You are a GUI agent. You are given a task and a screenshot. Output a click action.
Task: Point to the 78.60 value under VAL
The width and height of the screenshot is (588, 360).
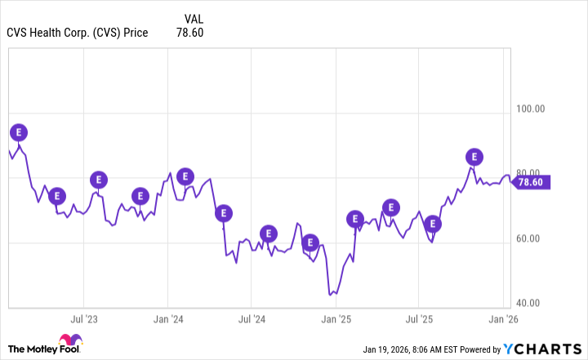click(189, 33)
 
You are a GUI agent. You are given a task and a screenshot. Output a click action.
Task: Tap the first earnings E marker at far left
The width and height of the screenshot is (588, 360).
click(18, 132)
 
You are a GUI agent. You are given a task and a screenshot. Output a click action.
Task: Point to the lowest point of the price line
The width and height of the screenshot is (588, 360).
click(330, 294)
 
